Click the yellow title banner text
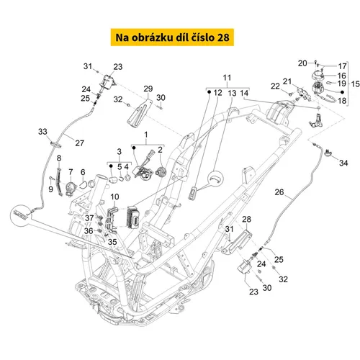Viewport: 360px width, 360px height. click(x=172, y=37)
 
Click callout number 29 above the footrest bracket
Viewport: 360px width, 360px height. click(x=148, y=89)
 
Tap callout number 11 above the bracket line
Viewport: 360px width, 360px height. click(x=227, y=78)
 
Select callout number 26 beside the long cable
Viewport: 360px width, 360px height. click(x=279, y=192)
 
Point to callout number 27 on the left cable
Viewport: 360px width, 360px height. click(x=79, y=143)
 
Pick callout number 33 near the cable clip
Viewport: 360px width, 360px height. click(x=42, y=132)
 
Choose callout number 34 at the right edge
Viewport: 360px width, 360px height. click(x=343, y=163)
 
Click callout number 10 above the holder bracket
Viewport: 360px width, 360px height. click(x=114, y=197)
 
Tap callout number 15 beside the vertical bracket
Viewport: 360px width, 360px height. click(x=356, y=84)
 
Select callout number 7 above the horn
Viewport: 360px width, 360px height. click(x=71, y=172)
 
